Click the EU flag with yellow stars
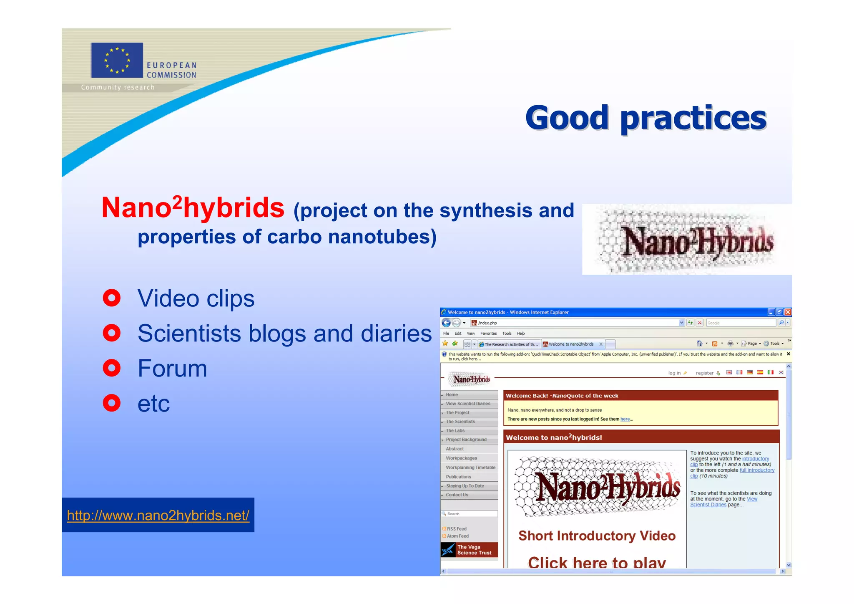(117, 60)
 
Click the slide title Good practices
(646, 118)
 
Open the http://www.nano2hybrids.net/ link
(158, 516)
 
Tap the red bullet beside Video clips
(112, 298)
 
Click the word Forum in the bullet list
(172, 368)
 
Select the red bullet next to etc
(112, 403)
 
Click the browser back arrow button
(446, 323)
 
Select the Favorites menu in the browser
(488, 334)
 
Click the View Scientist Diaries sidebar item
(468, 404)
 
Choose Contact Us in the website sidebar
(457, 495)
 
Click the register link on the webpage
(705, 373)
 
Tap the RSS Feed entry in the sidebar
(457, 529)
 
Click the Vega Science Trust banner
(469, 550)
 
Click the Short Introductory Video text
(597, 536)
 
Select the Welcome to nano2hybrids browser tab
(571, 344)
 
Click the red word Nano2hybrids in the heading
(193, 208)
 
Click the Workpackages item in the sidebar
(461, 458)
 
